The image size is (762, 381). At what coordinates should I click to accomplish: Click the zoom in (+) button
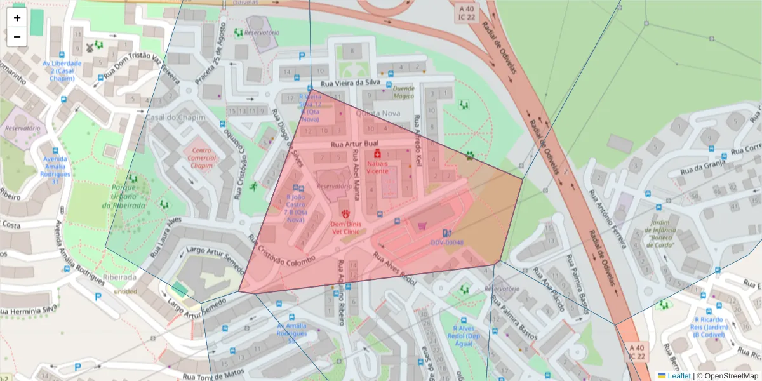click(x=17, y=18)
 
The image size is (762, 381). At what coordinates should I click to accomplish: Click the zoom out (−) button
click(x=17, y=37)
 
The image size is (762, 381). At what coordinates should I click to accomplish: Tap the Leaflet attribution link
click(x=679, y=376)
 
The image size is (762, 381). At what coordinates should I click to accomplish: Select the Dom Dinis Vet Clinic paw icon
click(x=346, y=214)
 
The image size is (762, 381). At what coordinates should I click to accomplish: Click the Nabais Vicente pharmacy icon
click(x=377, y=154)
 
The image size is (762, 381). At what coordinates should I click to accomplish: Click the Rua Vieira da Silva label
click(x=350, y=83)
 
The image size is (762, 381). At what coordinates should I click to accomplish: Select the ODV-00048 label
click(x=446, y=243)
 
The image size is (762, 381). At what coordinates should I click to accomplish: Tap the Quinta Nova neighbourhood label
click(x=378, y=113)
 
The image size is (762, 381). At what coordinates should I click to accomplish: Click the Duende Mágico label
click(x=403, y=92)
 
